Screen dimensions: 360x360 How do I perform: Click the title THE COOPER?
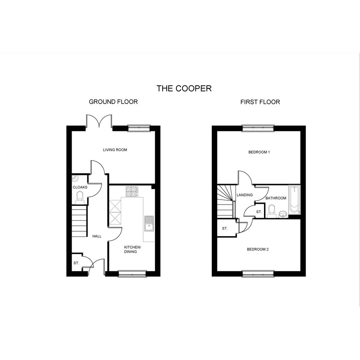[184, 88]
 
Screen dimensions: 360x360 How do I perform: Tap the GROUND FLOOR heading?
[113, 102]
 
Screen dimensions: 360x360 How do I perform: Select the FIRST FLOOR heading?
[260, 102]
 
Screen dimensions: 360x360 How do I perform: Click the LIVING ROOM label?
[115, 150]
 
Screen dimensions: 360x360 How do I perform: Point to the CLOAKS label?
[80, 187]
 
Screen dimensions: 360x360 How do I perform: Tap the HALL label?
[97, 236]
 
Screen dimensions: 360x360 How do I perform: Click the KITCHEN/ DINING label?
[132, 250]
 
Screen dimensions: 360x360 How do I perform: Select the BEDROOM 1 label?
[259, 152]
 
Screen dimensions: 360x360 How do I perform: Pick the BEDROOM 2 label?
[258, 250]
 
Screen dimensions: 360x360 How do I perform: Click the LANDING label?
[245, 195]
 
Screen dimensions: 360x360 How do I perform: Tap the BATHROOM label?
[276, 198]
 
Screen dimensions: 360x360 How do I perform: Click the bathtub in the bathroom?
[294, 200]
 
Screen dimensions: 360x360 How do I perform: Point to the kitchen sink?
[149, 223]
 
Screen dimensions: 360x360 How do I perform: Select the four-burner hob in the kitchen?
[132, 192]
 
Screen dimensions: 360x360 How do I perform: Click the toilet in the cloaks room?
[80, 198]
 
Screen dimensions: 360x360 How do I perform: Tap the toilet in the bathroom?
[271, 211]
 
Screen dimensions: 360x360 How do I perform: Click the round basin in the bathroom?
[283, 214]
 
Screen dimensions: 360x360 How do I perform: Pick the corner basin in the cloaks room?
[75, 178]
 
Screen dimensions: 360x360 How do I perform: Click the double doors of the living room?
[99, 121]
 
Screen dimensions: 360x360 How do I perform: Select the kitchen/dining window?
[132, 274]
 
